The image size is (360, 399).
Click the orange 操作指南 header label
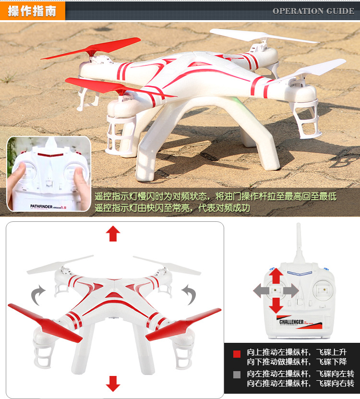pyautogui.click(x=32, y=11)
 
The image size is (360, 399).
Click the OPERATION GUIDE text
pyautogui.click(x=313, y=11)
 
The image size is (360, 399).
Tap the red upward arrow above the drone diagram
pyautogui.click(x=113, y=233)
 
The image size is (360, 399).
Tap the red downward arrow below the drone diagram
pyautogui.click(x=113, y=384)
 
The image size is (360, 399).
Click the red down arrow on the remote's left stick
pyautogui.click(x=276, y=305)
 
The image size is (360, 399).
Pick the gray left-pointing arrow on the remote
pyautogui.click(x=261, y=290)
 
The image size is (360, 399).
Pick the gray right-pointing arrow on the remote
pyautogui.click(x=291, y=290)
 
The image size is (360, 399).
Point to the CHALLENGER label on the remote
pyautogui.click(x=291, y=322)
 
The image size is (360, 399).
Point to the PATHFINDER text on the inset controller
pyautogui.click(x=41, y=206)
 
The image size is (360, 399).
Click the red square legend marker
pyautogui.click(x=237, y=354)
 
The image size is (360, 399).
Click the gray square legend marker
pyautogui.click(x=237, y=375)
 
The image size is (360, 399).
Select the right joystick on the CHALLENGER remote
pyautogui.click(x=324, y=290)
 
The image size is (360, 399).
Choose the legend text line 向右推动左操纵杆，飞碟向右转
pyautogui.click(x=300, y=383)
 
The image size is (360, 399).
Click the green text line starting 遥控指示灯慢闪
pyautogui.click(x=216, y=196)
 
